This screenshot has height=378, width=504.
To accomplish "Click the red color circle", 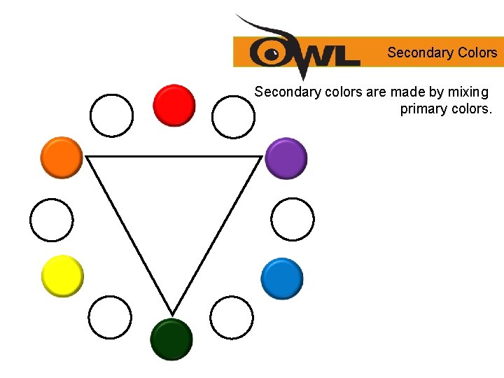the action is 174,105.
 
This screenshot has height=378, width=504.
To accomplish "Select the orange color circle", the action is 62,157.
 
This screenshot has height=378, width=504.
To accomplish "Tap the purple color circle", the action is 286,158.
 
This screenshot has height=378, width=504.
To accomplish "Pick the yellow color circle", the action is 62,276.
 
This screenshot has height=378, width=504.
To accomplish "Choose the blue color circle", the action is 282,279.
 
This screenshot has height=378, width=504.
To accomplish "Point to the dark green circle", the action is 171,339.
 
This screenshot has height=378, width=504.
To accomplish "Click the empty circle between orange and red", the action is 111,115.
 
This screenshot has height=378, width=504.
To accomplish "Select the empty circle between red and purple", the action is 234,117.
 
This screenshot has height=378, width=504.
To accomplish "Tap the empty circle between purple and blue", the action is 293,219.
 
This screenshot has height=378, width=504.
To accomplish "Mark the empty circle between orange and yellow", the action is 51,220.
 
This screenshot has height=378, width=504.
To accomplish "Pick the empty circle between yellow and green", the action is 111,317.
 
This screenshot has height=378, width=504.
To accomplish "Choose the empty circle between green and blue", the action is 231,317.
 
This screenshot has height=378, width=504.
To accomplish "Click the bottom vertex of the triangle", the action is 172,313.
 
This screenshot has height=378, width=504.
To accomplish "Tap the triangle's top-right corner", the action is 260,157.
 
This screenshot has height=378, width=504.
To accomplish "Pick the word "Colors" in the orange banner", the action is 477,52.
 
